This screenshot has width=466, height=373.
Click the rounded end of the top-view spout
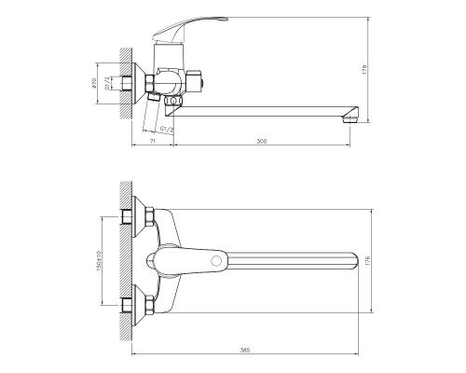pos(352,260)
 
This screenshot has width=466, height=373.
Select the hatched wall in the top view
pos(126,261)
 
